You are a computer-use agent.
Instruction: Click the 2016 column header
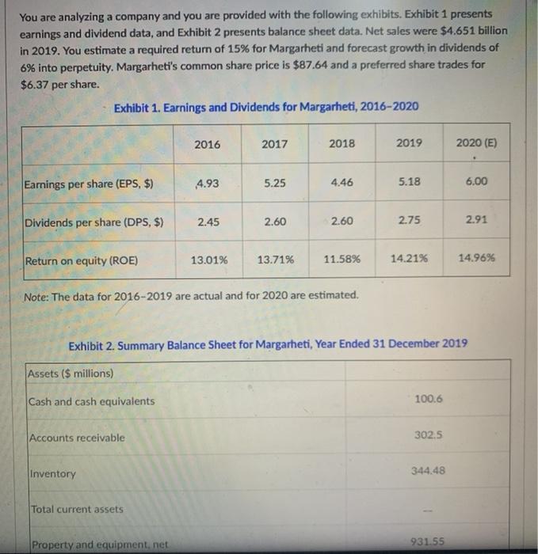tap(207, 144)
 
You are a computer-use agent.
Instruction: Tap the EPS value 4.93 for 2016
tap(207, 184)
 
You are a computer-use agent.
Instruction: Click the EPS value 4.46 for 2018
tap(342, 182)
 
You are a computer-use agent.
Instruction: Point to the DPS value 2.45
tap(207, 222)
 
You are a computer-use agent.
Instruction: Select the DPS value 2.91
tap(477, 221)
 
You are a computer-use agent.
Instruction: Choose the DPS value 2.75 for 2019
tap(409, 221)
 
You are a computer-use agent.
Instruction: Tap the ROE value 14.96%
tap(477, 258)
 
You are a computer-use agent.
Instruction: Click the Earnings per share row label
tap(88, 184)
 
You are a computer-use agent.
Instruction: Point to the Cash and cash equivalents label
tap(91, 401)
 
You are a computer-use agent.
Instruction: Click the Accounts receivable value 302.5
tap(428, 434)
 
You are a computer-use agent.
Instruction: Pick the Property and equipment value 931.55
tap(428, 541)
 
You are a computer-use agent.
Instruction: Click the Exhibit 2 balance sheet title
tap(269, 345)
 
